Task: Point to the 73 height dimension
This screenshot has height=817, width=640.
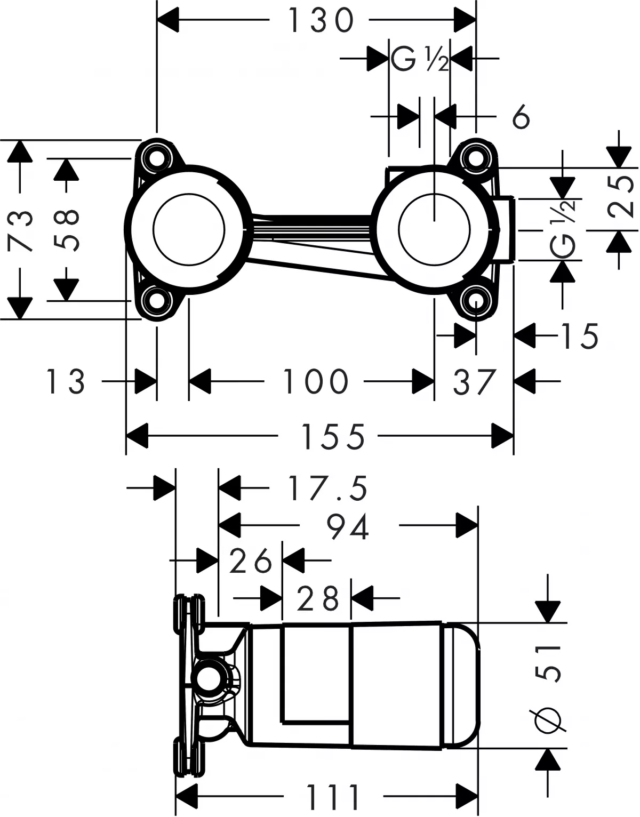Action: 21,230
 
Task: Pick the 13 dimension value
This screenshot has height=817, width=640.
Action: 65,381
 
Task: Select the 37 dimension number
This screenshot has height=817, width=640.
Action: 474,381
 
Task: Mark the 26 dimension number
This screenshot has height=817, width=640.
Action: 251,561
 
